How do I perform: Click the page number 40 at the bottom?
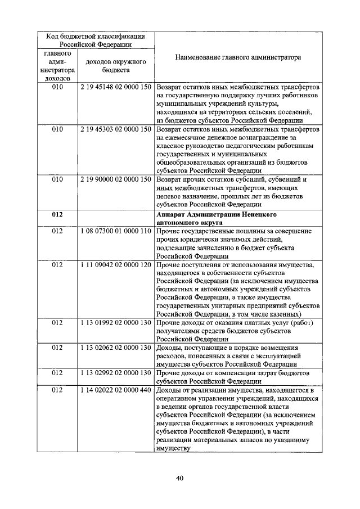180,479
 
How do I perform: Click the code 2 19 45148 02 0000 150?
115,89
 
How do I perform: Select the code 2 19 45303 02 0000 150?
115,130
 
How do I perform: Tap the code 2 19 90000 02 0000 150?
115,179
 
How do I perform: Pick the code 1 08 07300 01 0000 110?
115,231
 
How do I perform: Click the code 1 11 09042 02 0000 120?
115,264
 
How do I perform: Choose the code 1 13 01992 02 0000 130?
115,322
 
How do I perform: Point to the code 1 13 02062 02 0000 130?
115,347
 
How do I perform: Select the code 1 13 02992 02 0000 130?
115,372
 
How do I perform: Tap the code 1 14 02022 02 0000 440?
115,389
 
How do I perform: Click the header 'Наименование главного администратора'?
237,57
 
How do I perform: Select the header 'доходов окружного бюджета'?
115,66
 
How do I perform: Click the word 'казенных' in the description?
285,313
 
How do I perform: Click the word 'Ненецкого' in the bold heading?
258,214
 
